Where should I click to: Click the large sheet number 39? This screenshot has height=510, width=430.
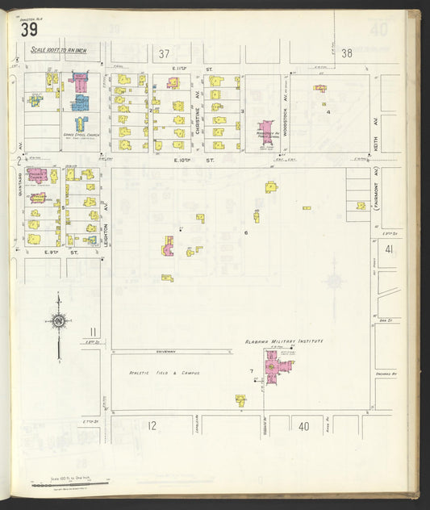click(29, 31)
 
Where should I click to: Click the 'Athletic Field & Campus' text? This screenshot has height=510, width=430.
click(164, 373)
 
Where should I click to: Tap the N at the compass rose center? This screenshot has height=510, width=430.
click(59, 321)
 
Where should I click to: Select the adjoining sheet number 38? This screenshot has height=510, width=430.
click(347, 54)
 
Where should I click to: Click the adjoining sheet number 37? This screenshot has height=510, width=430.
click(165, 54)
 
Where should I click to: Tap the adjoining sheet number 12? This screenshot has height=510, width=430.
click(151, 425)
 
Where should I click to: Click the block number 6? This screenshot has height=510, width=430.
click(245, 232)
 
